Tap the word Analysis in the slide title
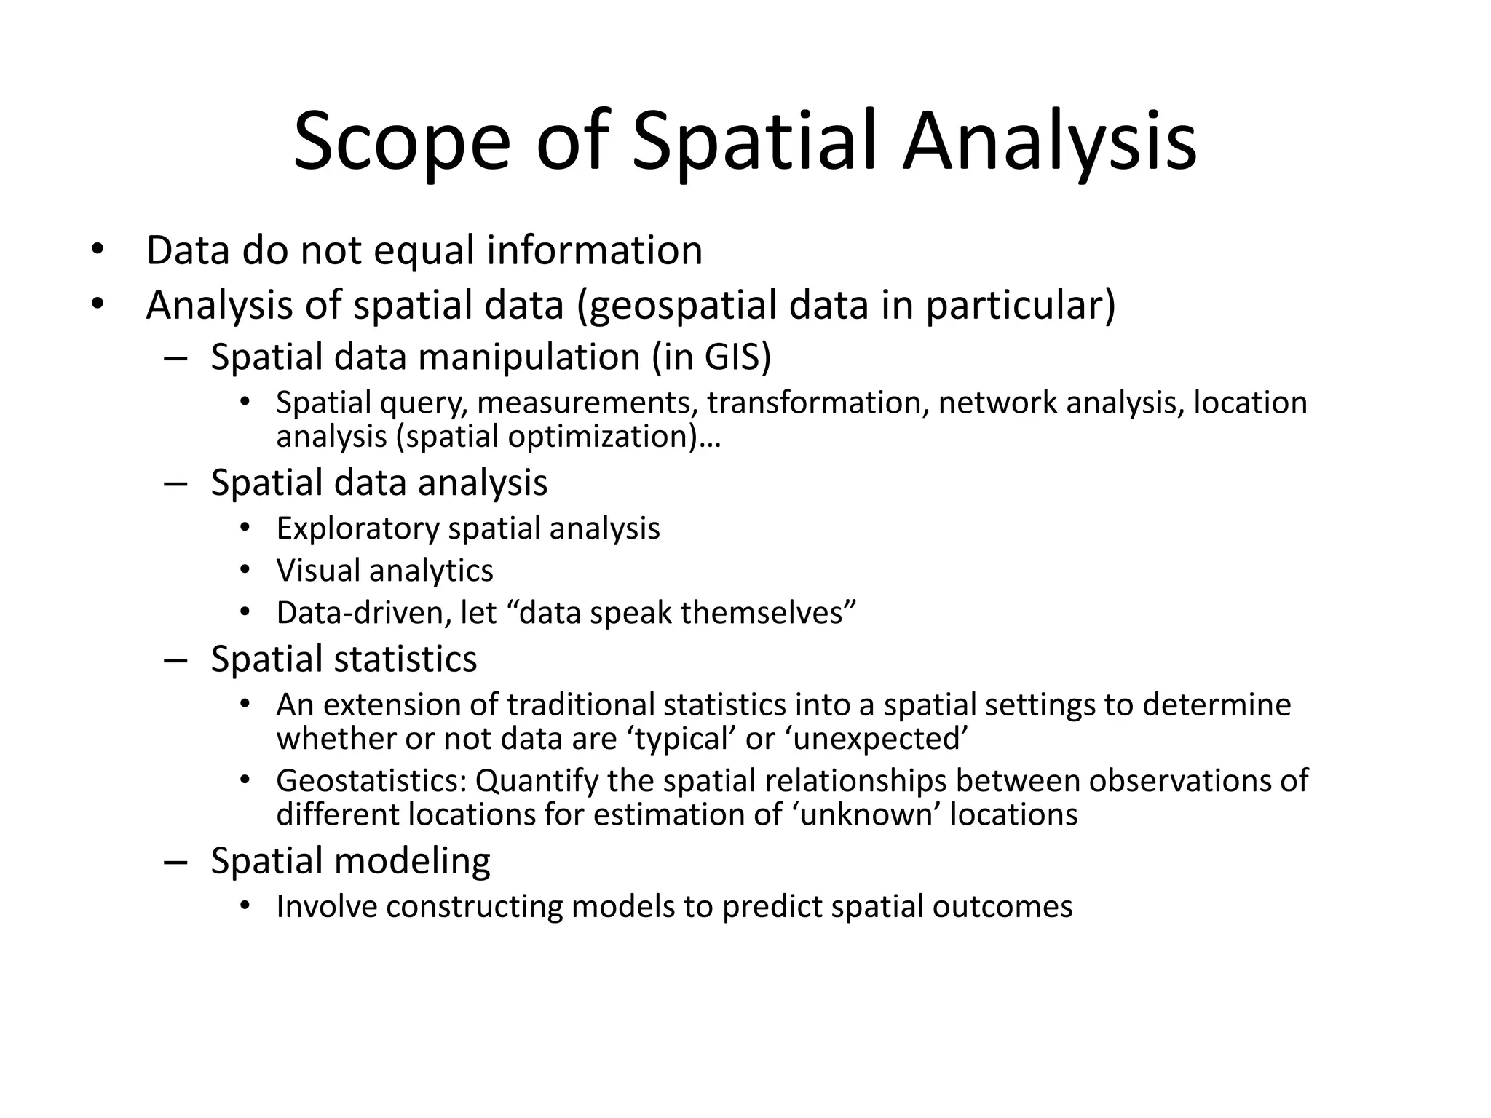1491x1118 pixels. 1049,142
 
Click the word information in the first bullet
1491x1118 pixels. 594,250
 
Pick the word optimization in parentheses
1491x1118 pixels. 601,437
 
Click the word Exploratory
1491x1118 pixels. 357,528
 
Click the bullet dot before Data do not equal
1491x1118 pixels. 98,251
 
